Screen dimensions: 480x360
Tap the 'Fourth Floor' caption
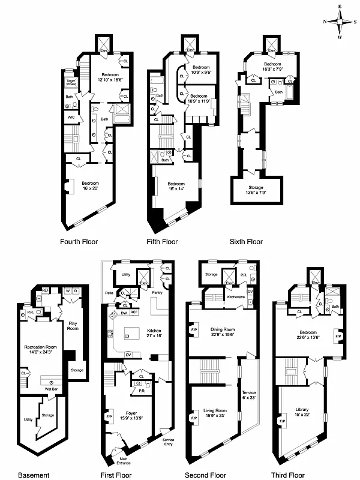[x=79, y=242]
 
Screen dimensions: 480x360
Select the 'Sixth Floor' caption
[x=246, y=242]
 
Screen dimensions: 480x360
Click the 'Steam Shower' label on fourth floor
[x=71, y=83]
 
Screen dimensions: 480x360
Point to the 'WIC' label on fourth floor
[x=71, y=118]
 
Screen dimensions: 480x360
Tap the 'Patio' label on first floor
[x=109, y=293]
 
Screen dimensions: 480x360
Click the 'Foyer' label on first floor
[x=132, y=414]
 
